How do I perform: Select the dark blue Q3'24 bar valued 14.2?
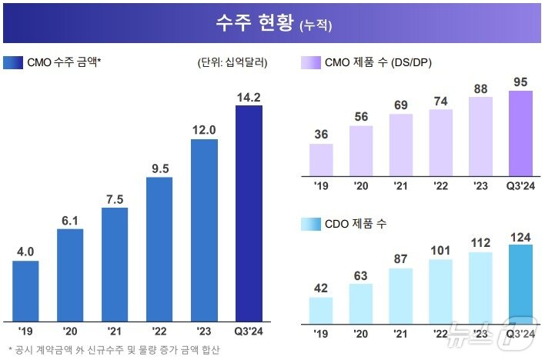click(249, 213)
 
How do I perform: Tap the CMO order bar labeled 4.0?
click(25, 291)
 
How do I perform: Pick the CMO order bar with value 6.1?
click(70, 275)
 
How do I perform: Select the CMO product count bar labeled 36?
click(321, 159)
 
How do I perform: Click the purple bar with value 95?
click(521, 133)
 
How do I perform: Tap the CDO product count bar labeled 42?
click(321, 311)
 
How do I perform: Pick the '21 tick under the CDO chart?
click(401, 335)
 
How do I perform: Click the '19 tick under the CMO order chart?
click(25, 332)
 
